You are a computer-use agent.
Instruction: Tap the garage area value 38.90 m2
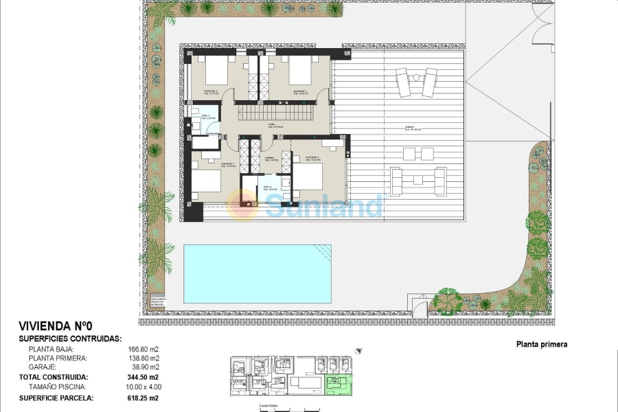point(145,368)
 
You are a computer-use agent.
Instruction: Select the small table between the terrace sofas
point(418,180)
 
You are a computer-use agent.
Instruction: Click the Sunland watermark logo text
point(323,205)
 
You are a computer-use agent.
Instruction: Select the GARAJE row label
point(43,368)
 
